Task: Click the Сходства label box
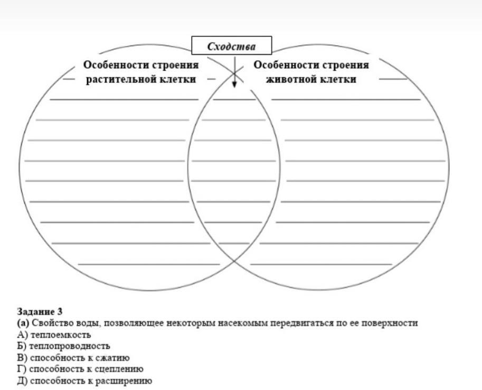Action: [x=231, y=46]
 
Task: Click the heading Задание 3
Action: [x=40, y=311]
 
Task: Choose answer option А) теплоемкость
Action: [x=54, y=335]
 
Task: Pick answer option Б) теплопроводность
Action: [x=63, y=346]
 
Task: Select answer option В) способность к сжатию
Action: [x=73, y=358]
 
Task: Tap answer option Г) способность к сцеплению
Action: [x=80, y=369]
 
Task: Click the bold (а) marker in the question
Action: [x=23, y=323]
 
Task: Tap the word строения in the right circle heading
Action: [x=345, y=65]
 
